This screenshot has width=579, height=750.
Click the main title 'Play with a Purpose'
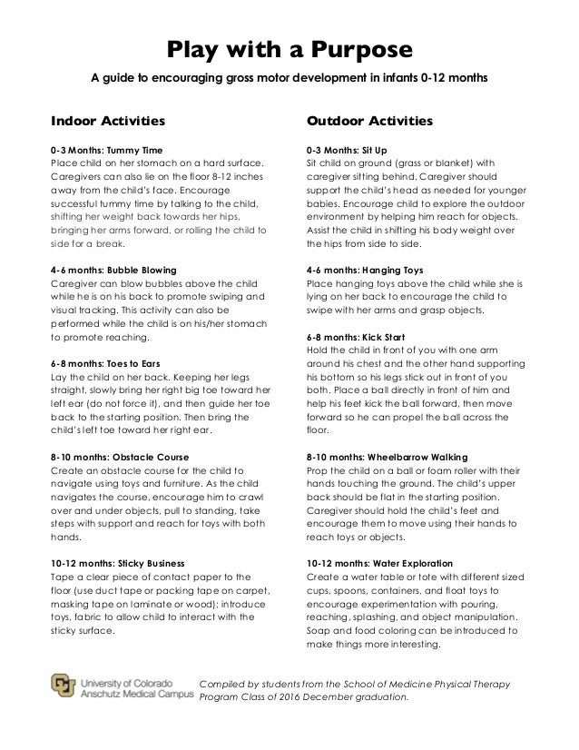coord(289,48)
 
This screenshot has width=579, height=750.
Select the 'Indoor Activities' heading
coord(107,120)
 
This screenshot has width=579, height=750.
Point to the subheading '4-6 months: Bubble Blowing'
coord(113,270)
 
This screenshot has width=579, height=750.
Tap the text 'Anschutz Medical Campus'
coord(136,696)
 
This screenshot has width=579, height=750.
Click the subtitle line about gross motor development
coord(289,78)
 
